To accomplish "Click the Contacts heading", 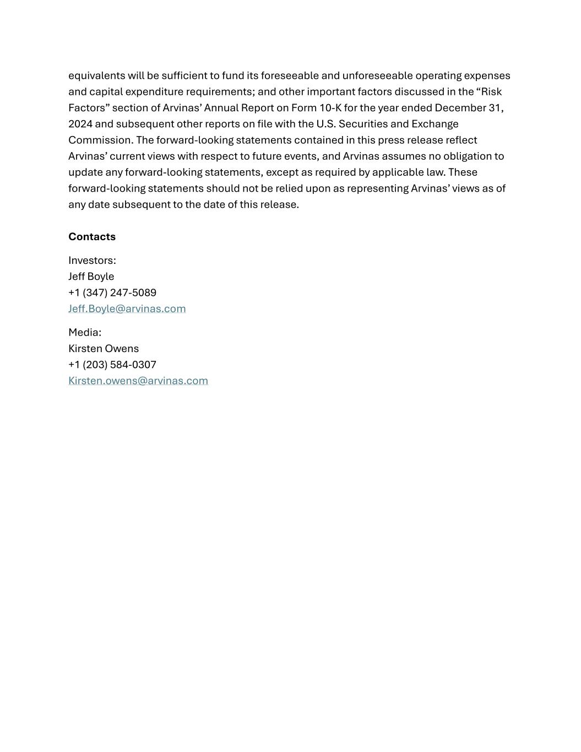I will click(92, 237).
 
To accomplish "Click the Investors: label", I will click(92, 261).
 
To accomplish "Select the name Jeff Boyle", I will click(91, 277).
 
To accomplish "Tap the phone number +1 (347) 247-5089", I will click(112, 293).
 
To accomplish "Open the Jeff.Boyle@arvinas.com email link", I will click(127, 309).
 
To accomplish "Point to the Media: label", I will click(85, 333).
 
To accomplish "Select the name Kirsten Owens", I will click(104, 349).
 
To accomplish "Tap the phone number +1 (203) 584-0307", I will click(112, 365).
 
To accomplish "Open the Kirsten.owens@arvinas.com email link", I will click(138, 381).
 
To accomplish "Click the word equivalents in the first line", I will click(96, 75).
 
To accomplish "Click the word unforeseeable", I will click(377, 75).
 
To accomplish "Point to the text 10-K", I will click(330, 108).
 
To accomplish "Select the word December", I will click(460, 108).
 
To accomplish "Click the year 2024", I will click(80, 124).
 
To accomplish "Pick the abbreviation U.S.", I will click(326, 124).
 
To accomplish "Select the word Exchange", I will click(435, 124).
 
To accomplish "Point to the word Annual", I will click(221, 108).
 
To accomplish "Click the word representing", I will click(377, 188).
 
